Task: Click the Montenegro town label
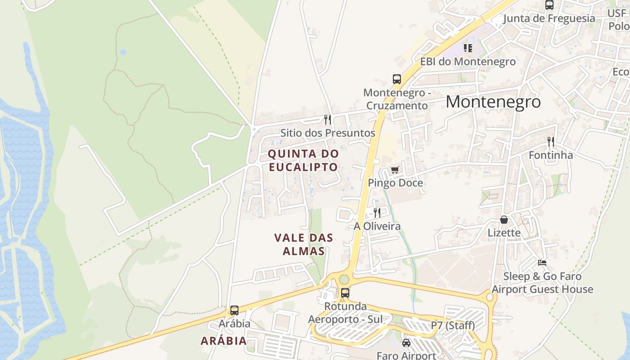493,102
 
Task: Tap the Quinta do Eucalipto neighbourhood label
303,160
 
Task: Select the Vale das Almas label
304,244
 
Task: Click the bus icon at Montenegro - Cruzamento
396,79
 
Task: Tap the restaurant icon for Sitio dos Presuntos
328,120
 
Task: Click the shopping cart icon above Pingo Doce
395,170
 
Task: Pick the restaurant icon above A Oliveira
377,212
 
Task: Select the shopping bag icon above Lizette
504,220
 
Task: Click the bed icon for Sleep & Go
542,263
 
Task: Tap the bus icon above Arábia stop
234,310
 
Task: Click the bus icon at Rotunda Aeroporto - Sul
345,292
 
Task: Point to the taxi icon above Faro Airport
406,343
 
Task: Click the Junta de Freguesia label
549,18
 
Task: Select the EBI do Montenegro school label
468,61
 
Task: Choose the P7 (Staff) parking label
453,325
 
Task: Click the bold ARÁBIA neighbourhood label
224,341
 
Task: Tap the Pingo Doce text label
395,183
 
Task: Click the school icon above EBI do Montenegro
468,48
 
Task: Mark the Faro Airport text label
406,355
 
